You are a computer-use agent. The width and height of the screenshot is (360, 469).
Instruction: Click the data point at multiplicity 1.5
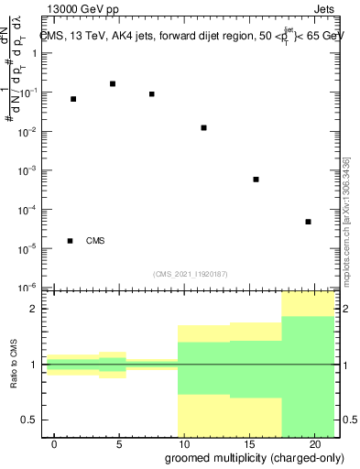click(73, 99)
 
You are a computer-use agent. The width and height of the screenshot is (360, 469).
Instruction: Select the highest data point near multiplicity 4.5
click(113, 83)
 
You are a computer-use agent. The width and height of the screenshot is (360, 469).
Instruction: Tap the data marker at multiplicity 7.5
click(152, 93)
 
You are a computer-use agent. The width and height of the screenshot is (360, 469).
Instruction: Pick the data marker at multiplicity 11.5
click(203, 127)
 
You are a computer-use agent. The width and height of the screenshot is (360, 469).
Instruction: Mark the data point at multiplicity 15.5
click(256, 180)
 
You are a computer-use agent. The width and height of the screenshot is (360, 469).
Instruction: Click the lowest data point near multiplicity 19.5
click(308, 222)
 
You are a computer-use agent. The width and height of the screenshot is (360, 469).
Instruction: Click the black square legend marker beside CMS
click(71, 241)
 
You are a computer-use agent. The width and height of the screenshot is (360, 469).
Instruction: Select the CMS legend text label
click(95, 241)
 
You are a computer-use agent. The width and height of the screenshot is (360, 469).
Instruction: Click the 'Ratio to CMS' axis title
click(15, 365)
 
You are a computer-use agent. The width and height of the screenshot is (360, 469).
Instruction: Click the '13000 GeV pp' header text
click(83, 11)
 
